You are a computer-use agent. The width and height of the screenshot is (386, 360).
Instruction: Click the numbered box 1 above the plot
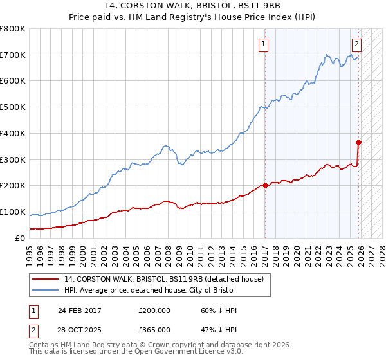(x=264, y=44)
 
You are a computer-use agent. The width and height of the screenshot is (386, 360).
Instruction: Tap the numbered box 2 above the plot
(x=356, y=44)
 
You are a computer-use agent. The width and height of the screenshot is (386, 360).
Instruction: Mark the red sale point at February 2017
(x=265, y=185)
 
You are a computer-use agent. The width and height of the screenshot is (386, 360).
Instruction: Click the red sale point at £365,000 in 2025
(x=358, y=142)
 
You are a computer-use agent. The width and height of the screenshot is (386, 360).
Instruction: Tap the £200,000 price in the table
(x=154, y=310)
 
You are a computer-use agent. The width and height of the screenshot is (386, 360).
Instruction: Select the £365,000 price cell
(x=154, y=330)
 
